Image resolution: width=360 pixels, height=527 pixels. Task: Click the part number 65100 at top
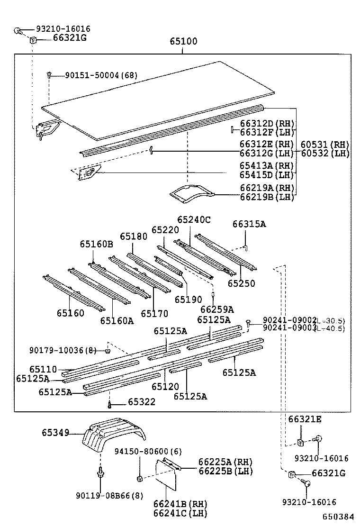pos(184,42)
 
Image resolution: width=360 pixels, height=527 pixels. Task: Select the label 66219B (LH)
pos(267,197)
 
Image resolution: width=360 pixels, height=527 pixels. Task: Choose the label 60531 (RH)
pos(324,145)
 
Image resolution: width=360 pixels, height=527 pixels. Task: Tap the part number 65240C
pos(194,220)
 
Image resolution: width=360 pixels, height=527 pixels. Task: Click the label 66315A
pos(249,224)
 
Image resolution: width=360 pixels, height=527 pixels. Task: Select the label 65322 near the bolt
pos(142,402)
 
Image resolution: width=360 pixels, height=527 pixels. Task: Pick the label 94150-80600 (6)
pos(148,452)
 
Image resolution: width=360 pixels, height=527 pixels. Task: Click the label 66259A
pos(217,309)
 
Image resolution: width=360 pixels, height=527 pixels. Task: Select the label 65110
pos(43,369)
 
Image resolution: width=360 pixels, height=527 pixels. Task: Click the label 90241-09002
pos(289,321)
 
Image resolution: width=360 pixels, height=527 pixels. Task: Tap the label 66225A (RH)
pos(225,462)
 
